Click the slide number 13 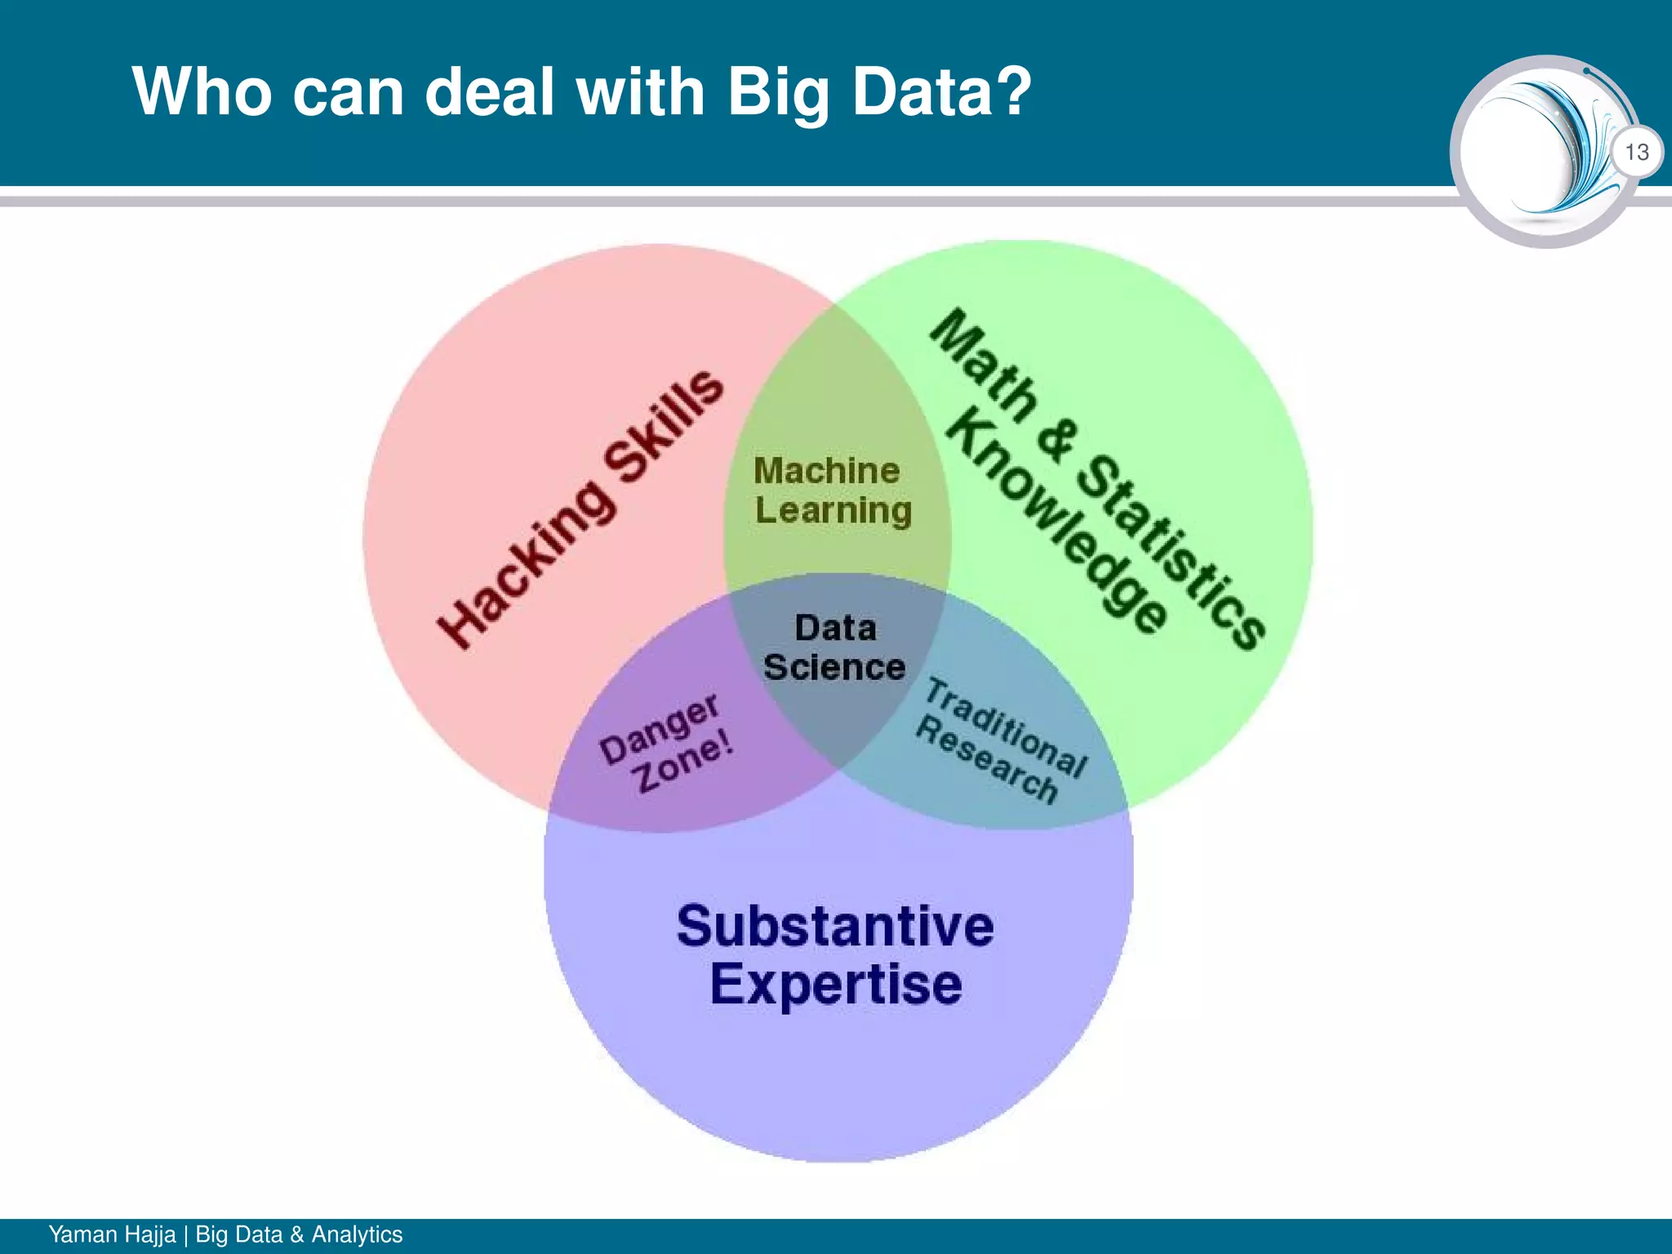coord(1636,153)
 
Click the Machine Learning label coord(832,491)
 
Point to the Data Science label coord(834,648)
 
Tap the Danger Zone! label coord(666,743)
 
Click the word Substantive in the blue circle coord(835,927)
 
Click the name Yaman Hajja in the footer coord(112,1234)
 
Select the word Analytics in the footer coord(357,1234)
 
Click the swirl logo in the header coord(1543,151)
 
